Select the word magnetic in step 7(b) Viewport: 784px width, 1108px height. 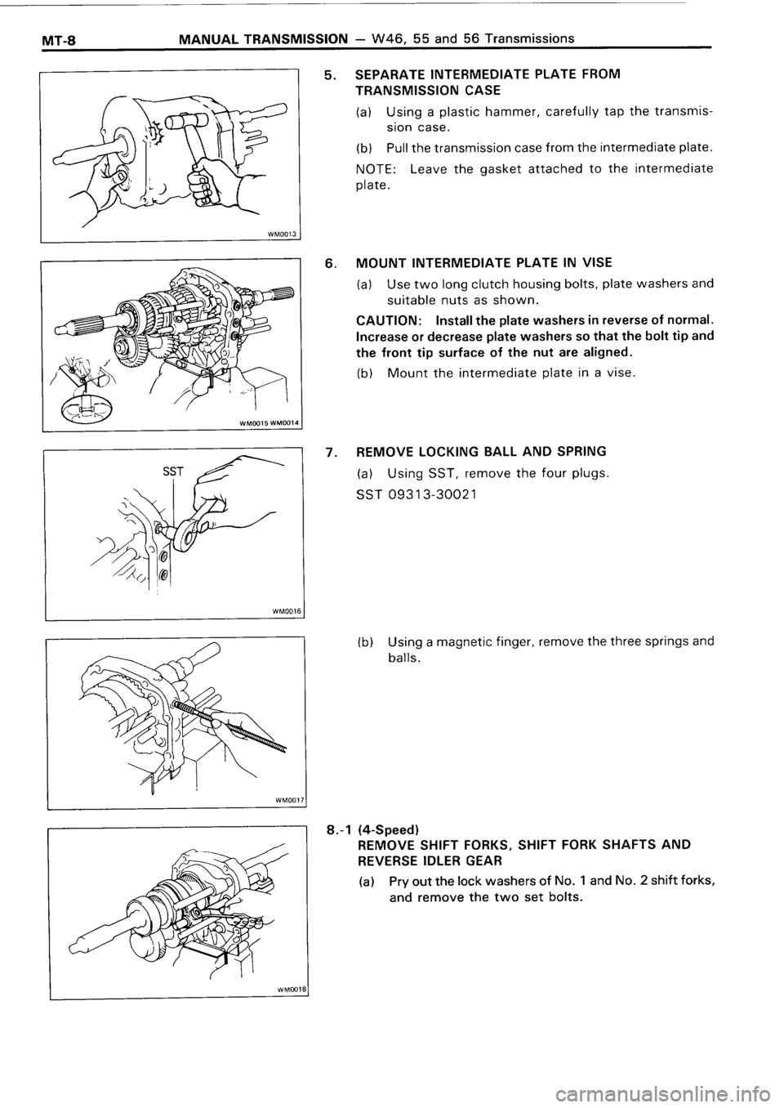coord(467,641)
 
